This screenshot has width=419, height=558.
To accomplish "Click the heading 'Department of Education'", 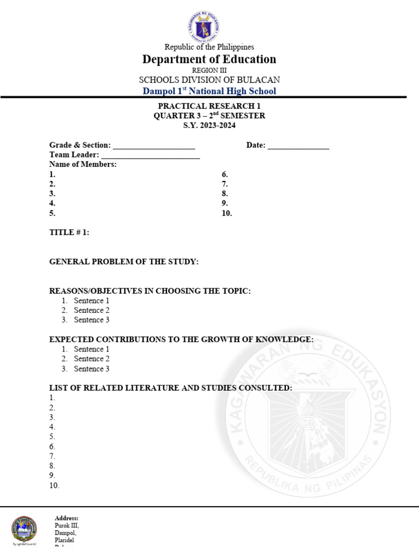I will pyautogui.click(x=209, y=59).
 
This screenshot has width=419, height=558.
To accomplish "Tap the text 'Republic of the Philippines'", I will pyautogui.click(x=209, y=47).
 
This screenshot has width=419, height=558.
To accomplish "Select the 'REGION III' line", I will pyautogui.click(x=209, y=70).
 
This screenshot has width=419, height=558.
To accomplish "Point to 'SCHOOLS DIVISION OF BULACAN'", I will pyautogui.click(x=209, y=80).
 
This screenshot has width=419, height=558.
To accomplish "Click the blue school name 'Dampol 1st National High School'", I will pyautogui.click(x=209, y=91).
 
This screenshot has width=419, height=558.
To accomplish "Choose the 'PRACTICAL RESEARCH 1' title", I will pyautogui.click(x=209, y=106).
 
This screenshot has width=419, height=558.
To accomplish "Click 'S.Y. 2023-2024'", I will pyautogui.click(x=209, y=125).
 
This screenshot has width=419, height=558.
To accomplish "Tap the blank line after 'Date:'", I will pyautogui.click(x=298, y=146).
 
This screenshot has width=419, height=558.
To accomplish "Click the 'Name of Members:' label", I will pyautogui.click(x=83, y=165).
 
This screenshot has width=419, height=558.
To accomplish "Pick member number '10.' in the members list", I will pyautogui.click(x=227, y=213).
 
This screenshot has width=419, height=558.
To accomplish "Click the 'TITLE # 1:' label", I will pyautogui.click(x=69, y=233).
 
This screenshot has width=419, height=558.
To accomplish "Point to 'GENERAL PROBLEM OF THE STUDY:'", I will pyautogui.click(x=124, y=262).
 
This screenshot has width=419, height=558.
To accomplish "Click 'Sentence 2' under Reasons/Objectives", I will pyautogui.click(x=92, y=310).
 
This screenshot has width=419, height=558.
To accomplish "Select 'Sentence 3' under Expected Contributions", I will pyautogui.click(x=92, y=369).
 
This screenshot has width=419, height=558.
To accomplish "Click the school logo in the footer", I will pyautogui.click(x=25, y=530).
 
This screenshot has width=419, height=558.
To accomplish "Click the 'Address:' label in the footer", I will pyautogui.click(x=67, y=518).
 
